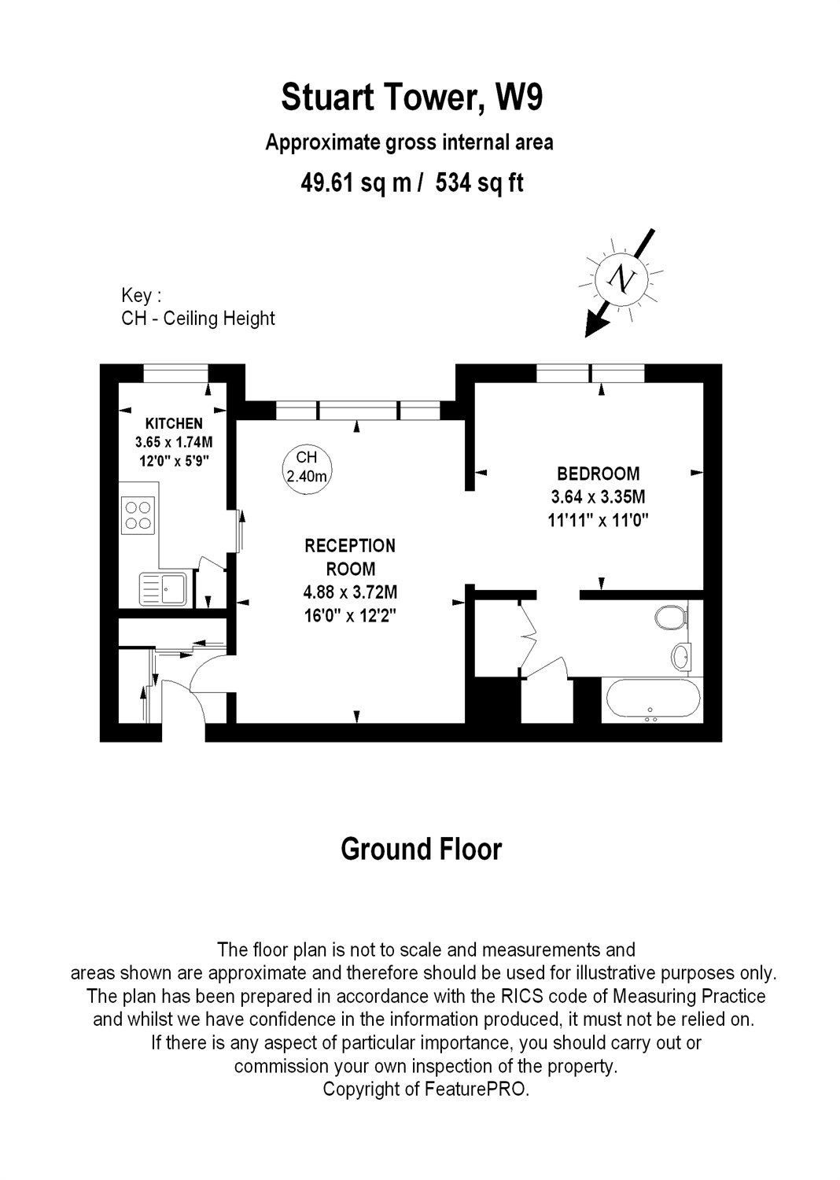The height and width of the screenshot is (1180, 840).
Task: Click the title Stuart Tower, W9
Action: pos(412,98)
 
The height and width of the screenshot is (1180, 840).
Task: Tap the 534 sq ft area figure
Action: pos(479,183)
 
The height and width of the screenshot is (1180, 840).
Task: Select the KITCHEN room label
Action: pos(174,423)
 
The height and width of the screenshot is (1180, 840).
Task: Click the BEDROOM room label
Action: pos(599,474)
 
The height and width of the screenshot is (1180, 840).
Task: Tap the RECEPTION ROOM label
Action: pos(350,557)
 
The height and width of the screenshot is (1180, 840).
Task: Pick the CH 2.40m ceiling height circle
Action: pos(307,470)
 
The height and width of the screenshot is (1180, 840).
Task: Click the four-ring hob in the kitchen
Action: pos(138,515)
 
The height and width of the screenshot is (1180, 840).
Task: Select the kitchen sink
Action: pos(163,589)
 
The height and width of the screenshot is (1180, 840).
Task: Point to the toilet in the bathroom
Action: pos(672,618)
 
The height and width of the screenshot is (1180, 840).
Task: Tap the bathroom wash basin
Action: pos(680,656)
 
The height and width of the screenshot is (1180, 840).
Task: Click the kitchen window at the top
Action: pos(176,374)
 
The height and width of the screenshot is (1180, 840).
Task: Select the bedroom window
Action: pos(591,374)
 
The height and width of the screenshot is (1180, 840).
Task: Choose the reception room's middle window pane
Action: pos(358,411)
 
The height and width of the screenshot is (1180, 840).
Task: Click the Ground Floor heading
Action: pos(422,849)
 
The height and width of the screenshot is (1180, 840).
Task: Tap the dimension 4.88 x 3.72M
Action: pos(350,592)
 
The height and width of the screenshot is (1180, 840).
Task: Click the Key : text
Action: pos(141,296)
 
